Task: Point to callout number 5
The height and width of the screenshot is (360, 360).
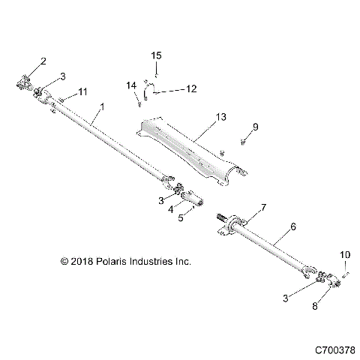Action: (181, 217)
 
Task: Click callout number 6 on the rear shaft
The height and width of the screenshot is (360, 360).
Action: (293, 226)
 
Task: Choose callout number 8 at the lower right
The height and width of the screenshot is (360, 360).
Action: (314, 306)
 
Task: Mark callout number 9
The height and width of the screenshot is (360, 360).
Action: (255, 128)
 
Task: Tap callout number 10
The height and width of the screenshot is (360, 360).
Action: (346, 256)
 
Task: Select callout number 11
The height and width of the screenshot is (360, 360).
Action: (83, 91)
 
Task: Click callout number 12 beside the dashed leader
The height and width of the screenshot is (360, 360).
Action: (190, 88)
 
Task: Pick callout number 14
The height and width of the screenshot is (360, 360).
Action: (130, 86)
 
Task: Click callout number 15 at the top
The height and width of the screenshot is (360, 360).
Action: (156, 55)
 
